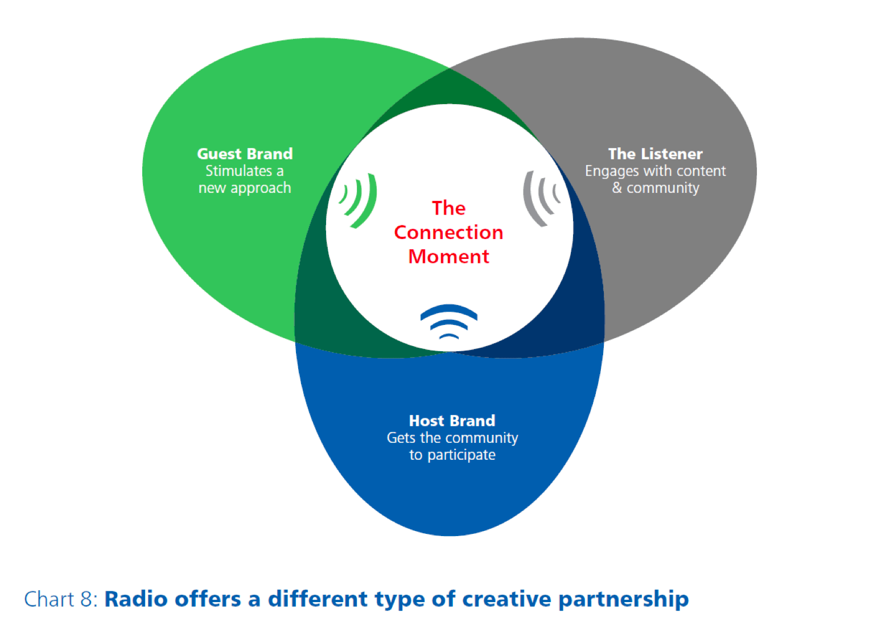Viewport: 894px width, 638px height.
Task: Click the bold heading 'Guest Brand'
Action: click(245, 154)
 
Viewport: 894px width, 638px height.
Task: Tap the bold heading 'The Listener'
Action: click(656, 154)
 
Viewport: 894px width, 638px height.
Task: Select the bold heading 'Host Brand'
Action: click(452, 421)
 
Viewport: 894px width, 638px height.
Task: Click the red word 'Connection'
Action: click(448, 232)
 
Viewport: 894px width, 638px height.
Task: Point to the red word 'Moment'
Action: click(448, 256)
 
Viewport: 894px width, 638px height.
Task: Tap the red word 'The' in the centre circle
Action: click(448, 208)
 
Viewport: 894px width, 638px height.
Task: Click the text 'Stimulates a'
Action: click(245, 171)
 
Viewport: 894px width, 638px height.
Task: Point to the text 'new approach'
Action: click(245, 188)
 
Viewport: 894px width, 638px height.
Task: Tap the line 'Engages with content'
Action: click(656, 171)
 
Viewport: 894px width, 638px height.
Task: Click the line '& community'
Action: click(656, 188)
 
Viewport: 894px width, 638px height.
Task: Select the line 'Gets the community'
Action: click(452, 438)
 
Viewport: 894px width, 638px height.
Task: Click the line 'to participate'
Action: click(452, 455)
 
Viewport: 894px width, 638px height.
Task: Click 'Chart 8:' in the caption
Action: click(61, 600)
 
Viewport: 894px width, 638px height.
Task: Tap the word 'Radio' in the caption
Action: click(135, 600)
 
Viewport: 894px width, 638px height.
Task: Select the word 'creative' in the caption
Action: click(506, 600)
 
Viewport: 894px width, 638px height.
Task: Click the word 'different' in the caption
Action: click(318, 600)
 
